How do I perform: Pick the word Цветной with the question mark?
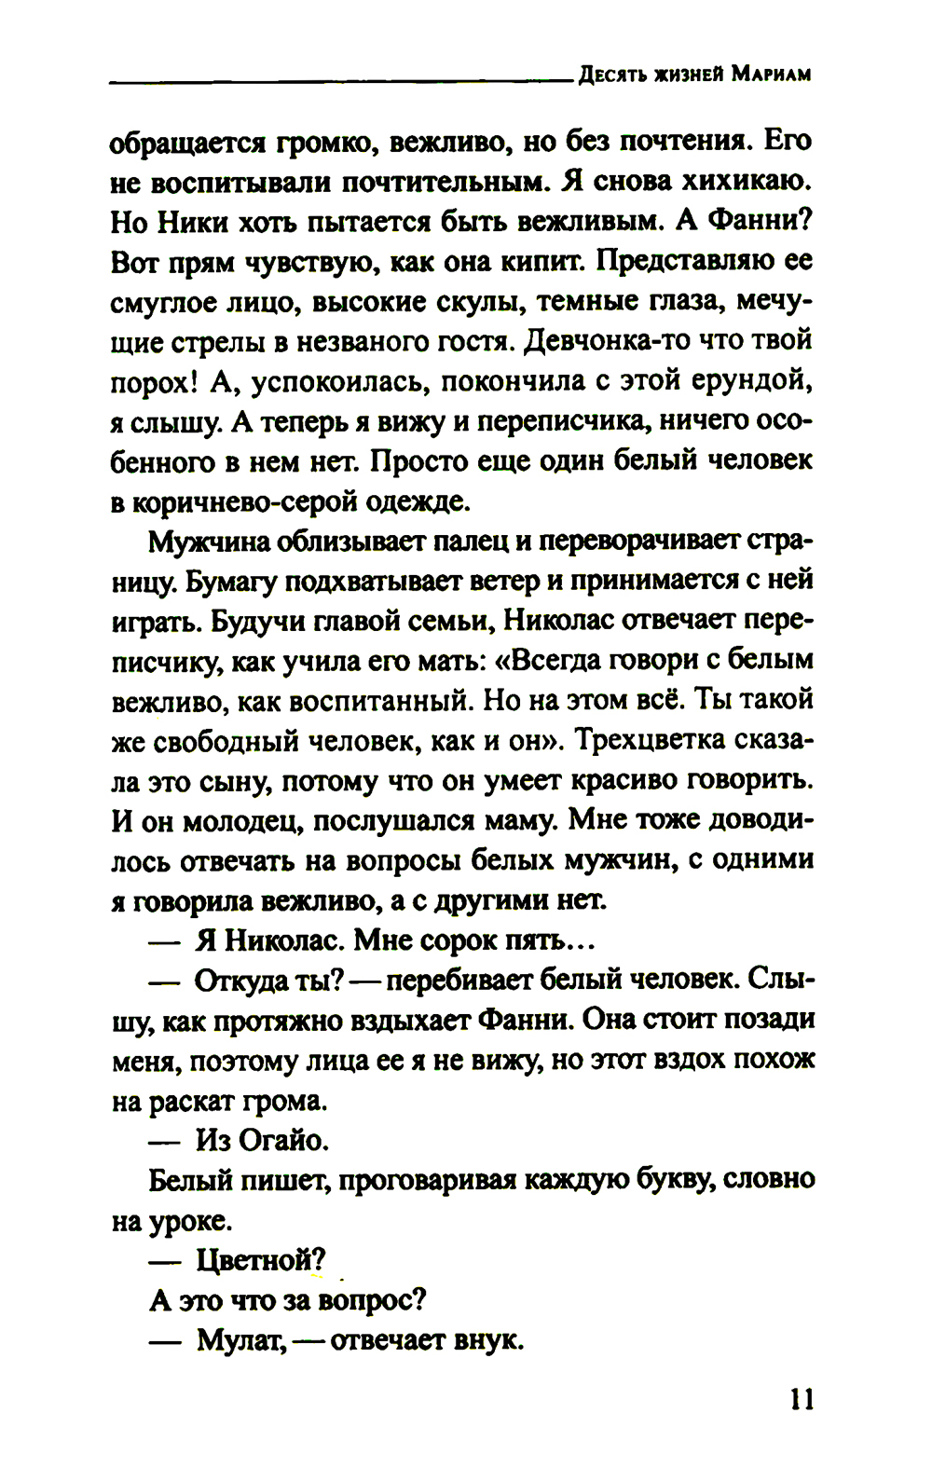click(261, 1260)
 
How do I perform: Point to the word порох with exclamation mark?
click(152, 382)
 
